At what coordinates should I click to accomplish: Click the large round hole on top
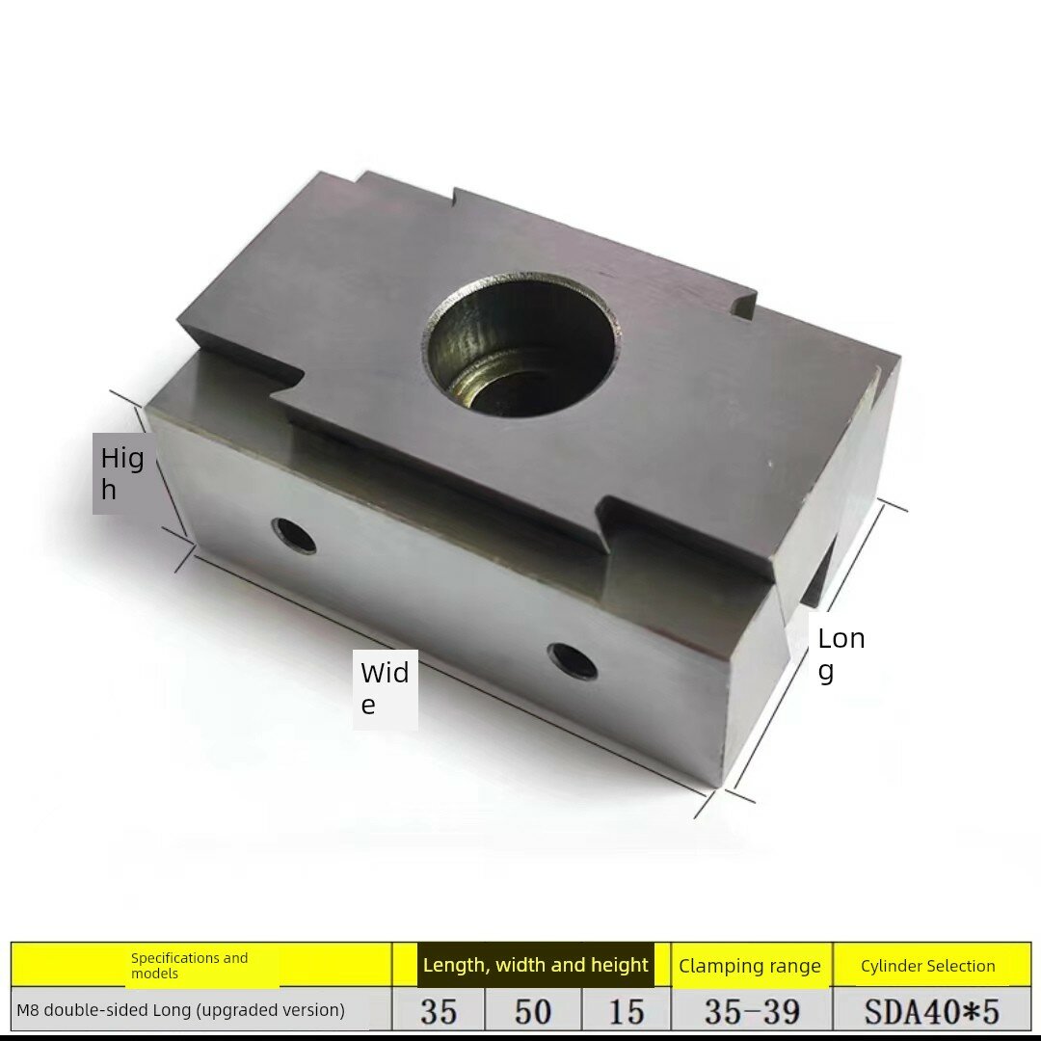pos(520,344)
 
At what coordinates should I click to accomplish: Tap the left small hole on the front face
pos(294,535)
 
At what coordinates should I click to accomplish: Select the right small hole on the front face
pos(572,662)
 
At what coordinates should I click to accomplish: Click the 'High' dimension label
pos(122,473)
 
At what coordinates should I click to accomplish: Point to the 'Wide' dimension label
pos(385,688)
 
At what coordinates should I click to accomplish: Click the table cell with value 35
pos(439,1011)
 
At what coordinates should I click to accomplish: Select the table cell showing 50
pos(533,1011)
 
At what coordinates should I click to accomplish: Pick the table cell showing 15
pos(627,1011)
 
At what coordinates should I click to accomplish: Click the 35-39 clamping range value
pos(752,1011)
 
